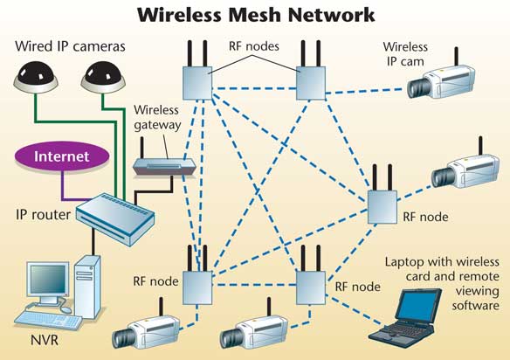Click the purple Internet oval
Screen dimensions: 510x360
point(62,156)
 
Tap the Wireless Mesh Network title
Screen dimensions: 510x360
point(256,15)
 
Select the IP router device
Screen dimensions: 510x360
point(115,218)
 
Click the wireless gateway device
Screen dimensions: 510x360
point(164,167)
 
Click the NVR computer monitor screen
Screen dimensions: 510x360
point(48,279)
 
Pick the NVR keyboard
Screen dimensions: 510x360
point(48,319)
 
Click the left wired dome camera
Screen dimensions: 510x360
point(36,78)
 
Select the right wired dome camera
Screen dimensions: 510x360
point(103,78)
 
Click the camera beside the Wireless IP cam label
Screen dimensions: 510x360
point(441,80)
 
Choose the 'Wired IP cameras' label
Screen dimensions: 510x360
point(70,46)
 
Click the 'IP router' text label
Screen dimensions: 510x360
point(44,214)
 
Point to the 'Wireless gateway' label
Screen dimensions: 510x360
point(157,117)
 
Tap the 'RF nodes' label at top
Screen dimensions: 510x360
point(254,46)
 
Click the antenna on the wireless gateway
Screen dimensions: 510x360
point(141,148)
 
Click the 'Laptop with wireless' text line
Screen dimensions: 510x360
point(442,262)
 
